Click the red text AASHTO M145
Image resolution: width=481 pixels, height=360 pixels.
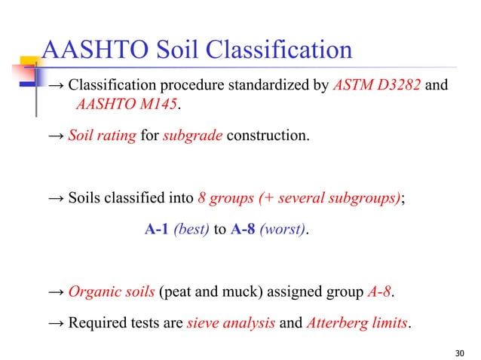click(x=125, y=105)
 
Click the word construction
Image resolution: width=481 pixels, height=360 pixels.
click(x=268, y=138)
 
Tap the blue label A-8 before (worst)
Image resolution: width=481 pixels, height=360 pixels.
click(x=243, y=230)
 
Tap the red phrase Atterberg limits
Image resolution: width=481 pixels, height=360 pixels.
click(x=357, y=324)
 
